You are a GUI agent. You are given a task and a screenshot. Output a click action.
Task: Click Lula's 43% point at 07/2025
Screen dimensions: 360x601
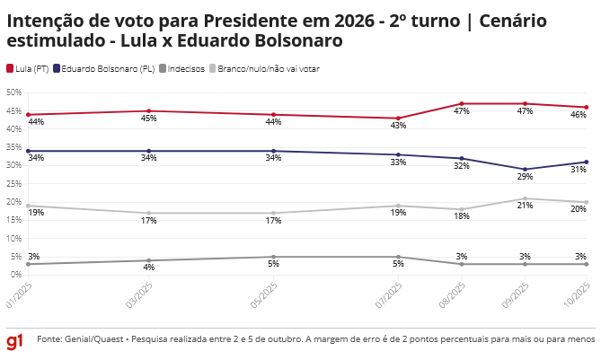pos(400,119)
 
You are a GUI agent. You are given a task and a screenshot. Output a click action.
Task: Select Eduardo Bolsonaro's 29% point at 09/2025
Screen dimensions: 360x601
pos(526,170)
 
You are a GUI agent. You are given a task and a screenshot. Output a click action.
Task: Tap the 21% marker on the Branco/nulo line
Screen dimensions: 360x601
pos(526,198)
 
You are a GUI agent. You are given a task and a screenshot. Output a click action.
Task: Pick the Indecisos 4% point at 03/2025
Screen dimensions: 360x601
pos(149,260)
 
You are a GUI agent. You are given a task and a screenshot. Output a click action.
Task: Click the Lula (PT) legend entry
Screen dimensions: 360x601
pos(27,68)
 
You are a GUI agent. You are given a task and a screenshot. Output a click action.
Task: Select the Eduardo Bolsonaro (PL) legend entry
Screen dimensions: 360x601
pos(103,68)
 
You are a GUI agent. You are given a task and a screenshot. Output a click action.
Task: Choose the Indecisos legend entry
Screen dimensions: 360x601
pos(182,68)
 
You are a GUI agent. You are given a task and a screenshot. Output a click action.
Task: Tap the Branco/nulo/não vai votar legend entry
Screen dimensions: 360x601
pos(264,68)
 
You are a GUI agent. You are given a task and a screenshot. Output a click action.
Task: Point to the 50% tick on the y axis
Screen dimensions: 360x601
pos(13,92)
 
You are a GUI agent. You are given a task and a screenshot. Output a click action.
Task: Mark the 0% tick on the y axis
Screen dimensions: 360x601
pos(15,275)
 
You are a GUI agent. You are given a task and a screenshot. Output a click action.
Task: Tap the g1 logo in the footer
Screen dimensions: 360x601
pos(15,341)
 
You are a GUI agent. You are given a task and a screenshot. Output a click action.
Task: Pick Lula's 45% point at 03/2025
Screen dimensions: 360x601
pos(149,111)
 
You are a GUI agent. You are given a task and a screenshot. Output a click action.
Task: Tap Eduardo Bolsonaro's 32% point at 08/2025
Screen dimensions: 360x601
pos(462,158)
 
